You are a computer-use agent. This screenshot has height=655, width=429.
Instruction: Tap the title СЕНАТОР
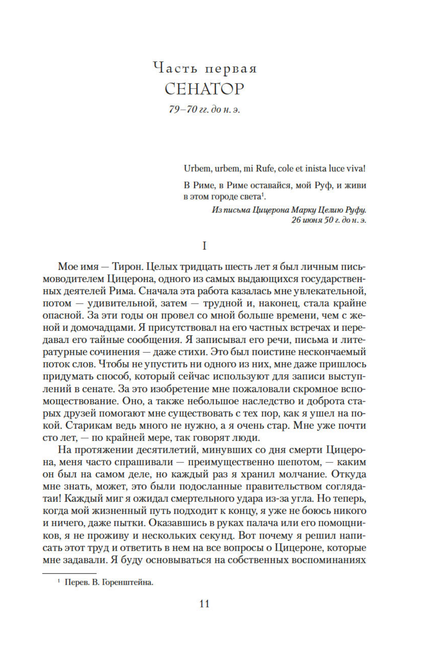tap(204, 89)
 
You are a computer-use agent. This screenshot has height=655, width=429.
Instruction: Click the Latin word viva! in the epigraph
tap(355, 169)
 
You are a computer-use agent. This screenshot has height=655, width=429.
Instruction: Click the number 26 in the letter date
tap(296, 220)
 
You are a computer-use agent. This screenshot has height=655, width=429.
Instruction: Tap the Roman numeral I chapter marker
tap(204, 246)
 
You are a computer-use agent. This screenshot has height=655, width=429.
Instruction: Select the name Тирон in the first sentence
tap(127, 266)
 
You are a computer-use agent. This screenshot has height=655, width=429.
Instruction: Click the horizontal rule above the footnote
tap(69, 573)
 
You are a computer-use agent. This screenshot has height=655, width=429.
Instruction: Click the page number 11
tap(204, 604)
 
